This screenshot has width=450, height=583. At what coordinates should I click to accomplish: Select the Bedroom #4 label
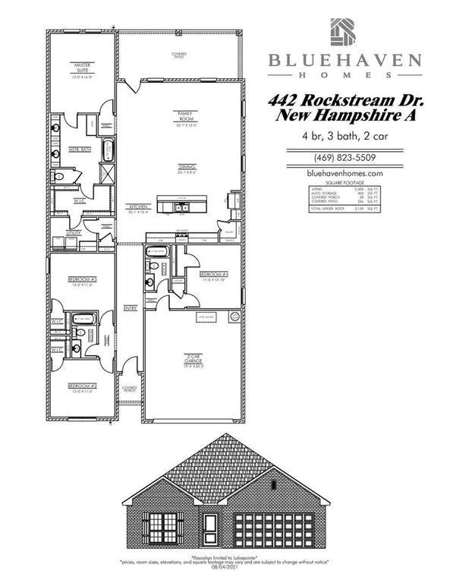pos(213,274)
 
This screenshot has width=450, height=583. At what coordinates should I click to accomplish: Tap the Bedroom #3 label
pos(81,280)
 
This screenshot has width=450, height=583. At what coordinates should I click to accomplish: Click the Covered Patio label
pos(179,55)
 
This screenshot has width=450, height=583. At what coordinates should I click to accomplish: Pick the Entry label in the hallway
pos(130,308)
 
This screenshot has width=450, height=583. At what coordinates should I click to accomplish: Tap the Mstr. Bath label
pos(81,150)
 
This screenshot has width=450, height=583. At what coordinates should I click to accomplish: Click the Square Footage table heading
pos(345,184)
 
